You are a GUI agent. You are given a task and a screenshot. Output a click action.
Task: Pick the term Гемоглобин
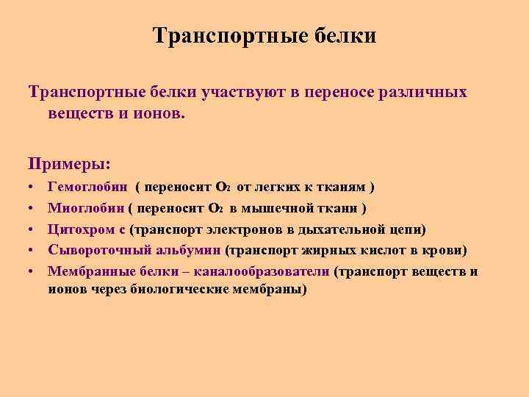[87, 188]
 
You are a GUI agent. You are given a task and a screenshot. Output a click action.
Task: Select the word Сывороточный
[91, 251]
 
